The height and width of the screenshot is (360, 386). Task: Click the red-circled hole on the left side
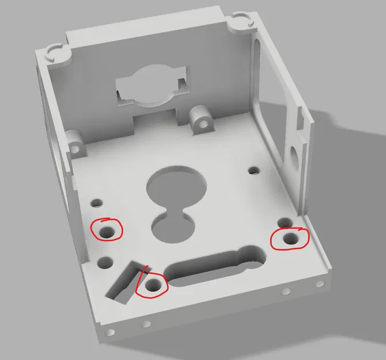[107, 233]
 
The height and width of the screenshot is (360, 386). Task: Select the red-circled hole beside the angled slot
[153, 285]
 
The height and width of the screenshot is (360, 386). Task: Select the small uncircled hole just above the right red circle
[282, 223]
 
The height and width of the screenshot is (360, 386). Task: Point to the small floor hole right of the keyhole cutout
[252, 171]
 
